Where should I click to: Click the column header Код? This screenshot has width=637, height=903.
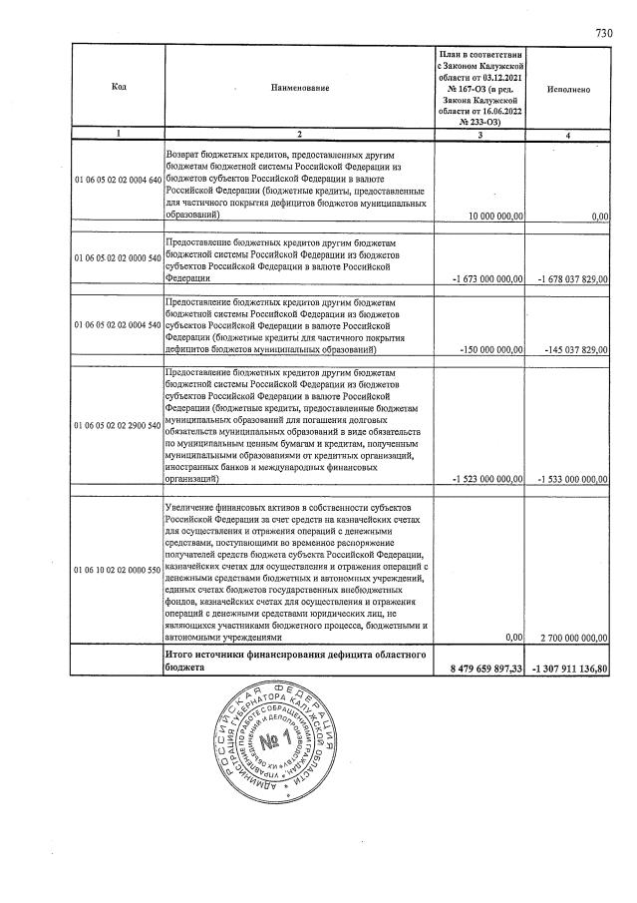pos(118,89)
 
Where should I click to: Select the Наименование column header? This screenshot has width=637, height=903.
pos(299,89)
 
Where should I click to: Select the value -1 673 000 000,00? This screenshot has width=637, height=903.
pos(486,280)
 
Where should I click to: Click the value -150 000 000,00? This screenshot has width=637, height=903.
pos(488,351)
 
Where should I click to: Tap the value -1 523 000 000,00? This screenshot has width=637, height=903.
pos(486,480)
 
